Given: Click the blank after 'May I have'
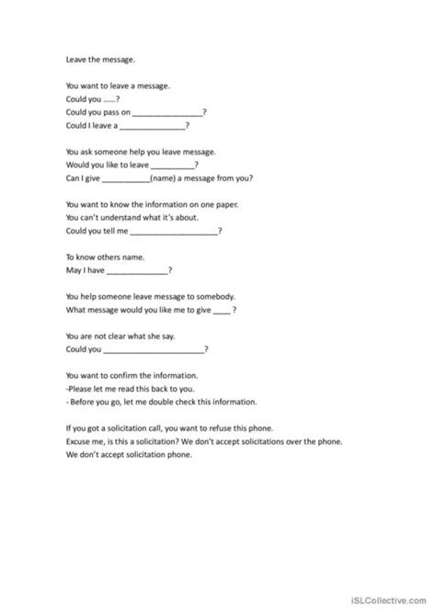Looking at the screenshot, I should [x=138, y=271].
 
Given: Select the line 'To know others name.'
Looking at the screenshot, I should [x=106, y=258].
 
